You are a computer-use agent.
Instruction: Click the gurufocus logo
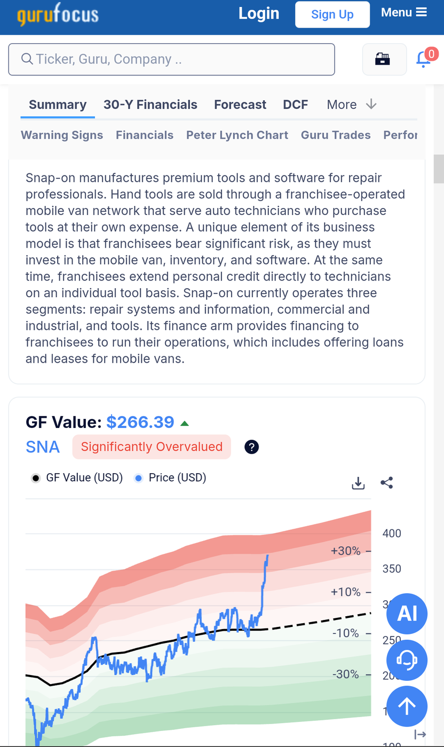pyautogui.click(x=58, y=14)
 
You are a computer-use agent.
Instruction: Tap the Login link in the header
pyautogui.click(x=259, y=14)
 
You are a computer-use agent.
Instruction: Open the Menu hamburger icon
pyautogui.click(x=421, y=12)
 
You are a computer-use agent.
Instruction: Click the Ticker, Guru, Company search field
pyautogui.click(x=171, y=59)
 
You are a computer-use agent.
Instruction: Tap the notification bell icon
pyautogui.click(x=424, y=59)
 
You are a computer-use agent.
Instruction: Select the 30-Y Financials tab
pyautogui.click(x=150, y=105)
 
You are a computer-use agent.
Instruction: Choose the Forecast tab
pyautogui.click(x=240, y=105)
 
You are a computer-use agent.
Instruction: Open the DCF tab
pyautogui.click(x=296, y=105)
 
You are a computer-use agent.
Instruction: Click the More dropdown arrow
pyautogui.click(x=371, y=105)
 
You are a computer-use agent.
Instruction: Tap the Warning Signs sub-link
pyautogui.click(x=62, y=135)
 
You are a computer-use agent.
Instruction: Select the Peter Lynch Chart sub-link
pyautogui.click(x=237, y=135)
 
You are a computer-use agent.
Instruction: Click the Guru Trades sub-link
pyautogui.click(x=336, y=135)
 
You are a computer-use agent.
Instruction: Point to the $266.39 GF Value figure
pyautogui.click(x=140, y=422)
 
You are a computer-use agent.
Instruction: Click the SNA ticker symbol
pyautogui.click(x=43, y=447)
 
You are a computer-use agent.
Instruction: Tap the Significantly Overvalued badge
pyautogui.click(x=152, y=447)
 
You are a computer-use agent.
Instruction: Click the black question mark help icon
pyautogui.click(x=251, y=447)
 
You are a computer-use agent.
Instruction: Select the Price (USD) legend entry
pyautogui.click(x=170, y=478)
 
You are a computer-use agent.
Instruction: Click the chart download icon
pyautogui.click(x=358, y=483)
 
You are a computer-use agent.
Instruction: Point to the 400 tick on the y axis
pyautogui.click(x=392, y=533)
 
